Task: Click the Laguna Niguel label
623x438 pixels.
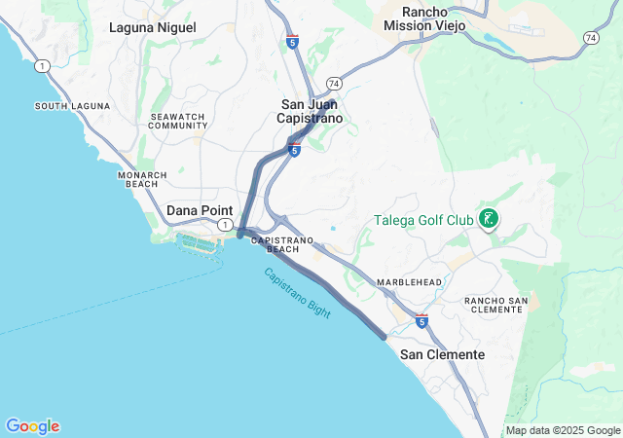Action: pos(152,27)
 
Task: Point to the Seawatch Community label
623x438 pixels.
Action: pos(178,121)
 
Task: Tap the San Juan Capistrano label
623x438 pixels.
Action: pos(311,111)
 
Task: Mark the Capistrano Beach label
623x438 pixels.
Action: pos(282,244)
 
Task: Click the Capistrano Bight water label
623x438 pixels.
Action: pos(297,292)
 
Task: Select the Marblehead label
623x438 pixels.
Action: pos(410,282)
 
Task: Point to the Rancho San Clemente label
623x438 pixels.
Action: pos(495,304)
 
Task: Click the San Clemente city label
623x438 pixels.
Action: pos(442,355)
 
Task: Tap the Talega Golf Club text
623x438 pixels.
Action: pos(423,220)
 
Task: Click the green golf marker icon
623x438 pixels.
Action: pos(488,219)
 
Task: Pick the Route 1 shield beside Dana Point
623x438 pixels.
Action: pos(225,225)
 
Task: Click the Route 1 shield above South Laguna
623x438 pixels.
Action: pos(41,65)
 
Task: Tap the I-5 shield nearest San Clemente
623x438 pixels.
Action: pos(421,320)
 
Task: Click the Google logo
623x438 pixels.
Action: pos(32,426)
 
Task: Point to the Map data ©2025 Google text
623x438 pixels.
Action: pos(563,430)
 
